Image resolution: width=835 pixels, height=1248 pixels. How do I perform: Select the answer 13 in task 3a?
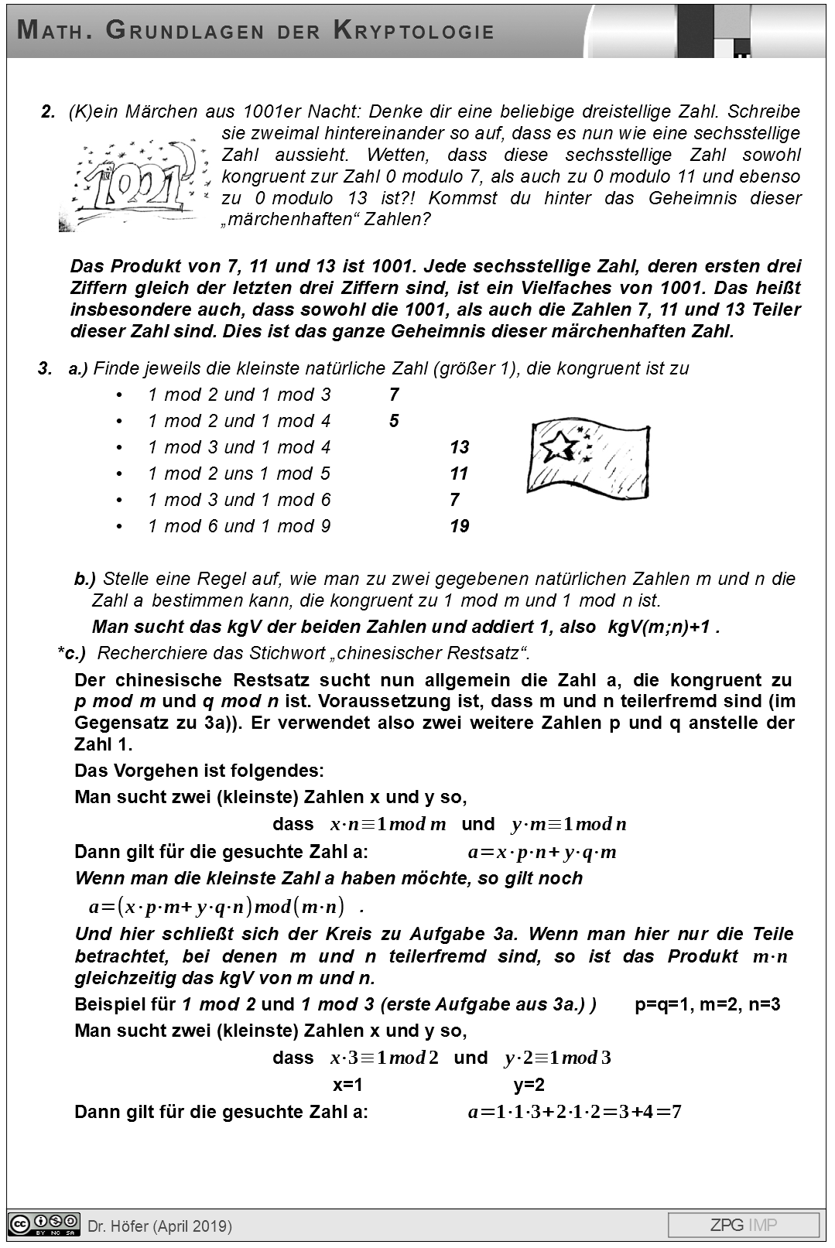(459, 447)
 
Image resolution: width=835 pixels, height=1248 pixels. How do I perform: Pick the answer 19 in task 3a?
(459, 526)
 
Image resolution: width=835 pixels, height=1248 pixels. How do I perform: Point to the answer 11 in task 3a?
(459, 474)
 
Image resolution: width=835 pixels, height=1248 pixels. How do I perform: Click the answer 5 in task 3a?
(394, 421)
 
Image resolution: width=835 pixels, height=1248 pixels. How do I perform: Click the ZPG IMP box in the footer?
(743, 1225)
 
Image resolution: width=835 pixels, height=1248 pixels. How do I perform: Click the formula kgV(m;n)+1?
(659, 627)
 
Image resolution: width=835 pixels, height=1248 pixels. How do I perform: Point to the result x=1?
(347, 1085)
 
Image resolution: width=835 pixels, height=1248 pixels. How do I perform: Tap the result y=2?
(529, 1085)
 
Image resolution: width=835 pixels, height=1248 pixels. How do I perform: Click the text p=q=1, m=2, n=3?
(707, 1004)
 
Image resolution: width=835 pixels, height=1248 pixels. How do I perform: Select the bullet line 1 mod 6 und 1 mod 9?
(239, 526)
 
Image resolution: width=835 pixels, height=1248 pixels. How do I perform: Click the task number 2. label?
(48, 111)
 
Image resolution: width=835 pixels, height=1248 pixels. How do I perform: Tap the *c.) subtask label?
(71, 653)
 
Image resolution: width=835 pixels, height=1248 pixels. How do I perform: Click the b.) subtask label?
(84, 579)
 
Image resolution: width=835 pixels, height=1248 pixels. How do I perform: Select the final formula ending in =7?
(574, 1113)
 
